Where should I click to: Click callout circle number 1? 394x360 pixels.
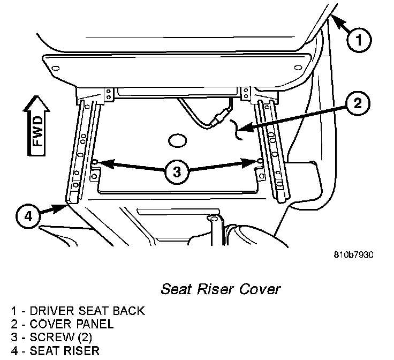[359, 39]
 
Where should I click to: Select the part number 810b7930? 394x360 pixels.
[350, 254]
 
